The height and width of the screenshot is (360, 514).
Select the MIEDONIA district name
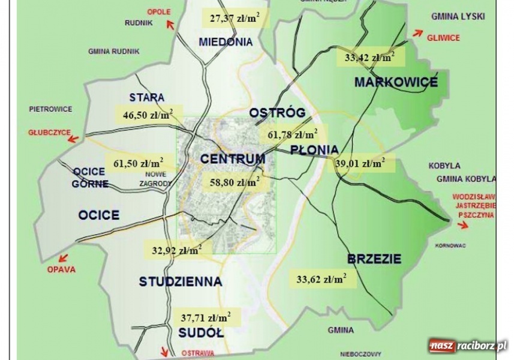tap(225, 42)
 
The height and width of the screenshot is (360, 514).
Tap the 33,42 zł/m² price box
tap(369, 58)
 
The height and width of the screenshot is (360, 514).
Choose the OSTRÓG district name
tap(277, 112)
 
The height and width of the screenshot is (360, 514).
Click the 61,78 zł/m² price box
tap(292, 133)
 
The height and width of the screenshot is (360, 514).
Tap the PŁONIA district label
tap(314, 149)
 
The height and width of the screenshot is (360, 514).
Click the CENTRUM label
tap(232, 159)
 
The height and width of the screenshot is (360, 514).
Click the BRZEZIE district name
tap(374, 259)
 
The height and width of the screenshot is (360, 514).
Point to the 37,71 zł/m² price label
tap(206, 316)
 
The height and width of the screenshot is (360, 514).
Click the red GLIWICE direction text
tap(443, 37)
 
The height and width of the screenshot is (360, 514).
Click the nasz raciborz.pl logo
tap(468, 346)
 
